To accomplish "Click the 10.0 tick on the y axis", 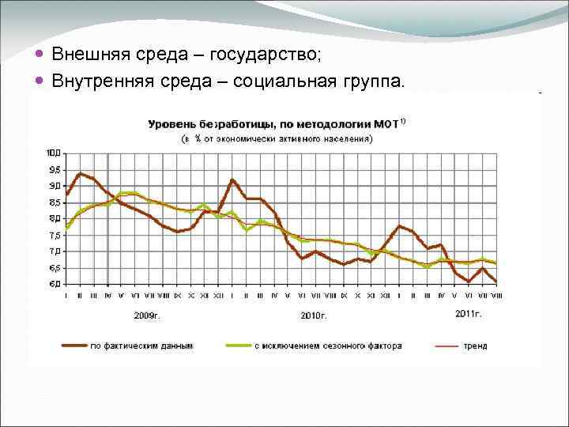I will [54, 152].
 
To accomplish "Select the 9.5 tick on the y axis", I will [55, 169].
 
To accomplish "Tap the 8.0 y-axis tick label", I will [55, 218].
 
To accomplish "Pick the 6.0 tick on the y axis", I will [55, 284].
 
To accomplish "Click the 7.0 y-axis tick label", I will [55, 251].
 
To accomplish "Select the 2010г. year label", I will [314, 315].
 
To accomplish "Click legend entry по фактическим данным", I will [141, 346].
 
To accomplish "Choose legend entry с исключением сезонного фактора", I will [327, 346].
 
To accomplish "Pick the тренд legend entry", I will [475, 346].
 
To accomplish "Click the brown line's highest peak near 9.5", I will [80, 173].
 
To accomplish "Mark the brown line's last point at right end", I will [496, 281].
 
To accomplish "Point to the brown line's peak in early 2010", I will [232, 180].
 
